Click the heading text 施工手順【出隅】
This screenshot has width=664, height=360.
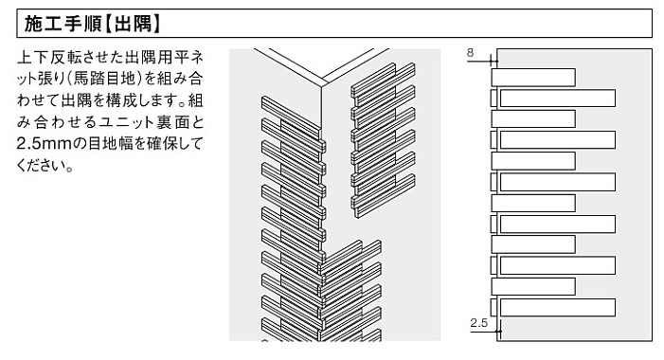pyautogui.click(x=92, y=24)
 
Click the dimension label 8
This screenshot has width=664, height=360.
pyautogui.click(x=470, y=53)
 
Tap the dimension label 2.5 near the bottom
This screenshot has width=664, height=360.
pyautogui.click(x=479, y=323)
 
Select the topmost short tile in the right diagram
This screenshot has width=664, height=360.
pyautogui.click(x=533, y=78)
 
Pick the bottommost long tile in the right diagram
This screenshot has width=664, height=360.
pyautogui.click(x=558, y=308)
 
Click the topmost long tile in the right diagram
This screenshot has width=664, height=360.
pyautogui.click(x=558, y=99)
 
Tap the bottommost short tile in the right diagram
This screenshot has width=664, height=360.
pyautogui.click(x=533, y=287)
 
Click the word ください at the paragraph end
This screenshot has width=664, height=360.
pyautogui.click(x=41, y=165)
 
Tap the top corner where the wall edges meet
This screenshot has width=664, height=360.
pyautogui.click(x=321, y=86)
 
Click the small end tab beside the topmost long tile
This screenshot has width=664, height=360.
pyautogui.click(x=494, y=99)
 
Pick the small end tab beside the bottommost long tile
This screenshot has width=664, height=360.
pyautogui.click(x=494, y=308)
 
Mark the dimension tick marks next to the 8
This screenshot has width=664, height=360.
pyautogui.click(x=494, y=61)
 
